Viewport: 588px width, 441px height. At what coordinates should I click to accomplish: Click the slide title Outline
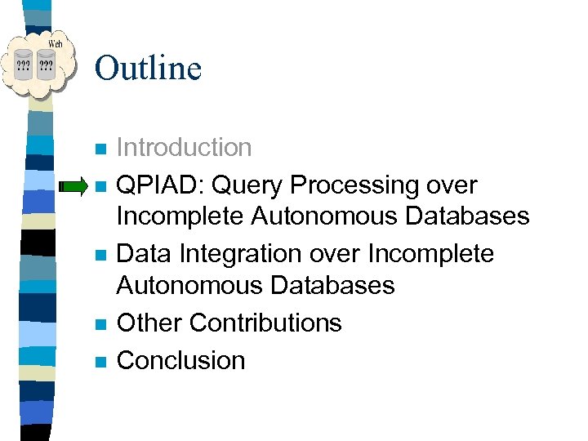(x=148, y=68)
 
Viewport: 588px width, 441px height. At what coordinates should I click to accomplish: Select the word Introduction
(x=184, y=148)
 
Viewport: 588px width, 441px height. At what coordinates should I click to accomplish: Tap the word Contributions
(x=265, y=323)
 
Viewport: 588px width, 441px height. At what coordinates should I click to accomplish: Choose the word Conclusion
(x=180, y=360)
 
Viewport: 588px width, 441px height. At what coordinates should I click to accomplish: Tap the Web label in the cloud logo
(x=55, y=43)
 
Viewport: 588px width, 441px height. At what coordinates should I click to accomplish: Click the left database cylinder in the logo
(x=25, y=66)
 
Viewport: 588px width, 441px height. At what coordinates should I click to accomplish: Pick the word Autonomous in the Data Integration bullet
(x=187, y=285)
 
